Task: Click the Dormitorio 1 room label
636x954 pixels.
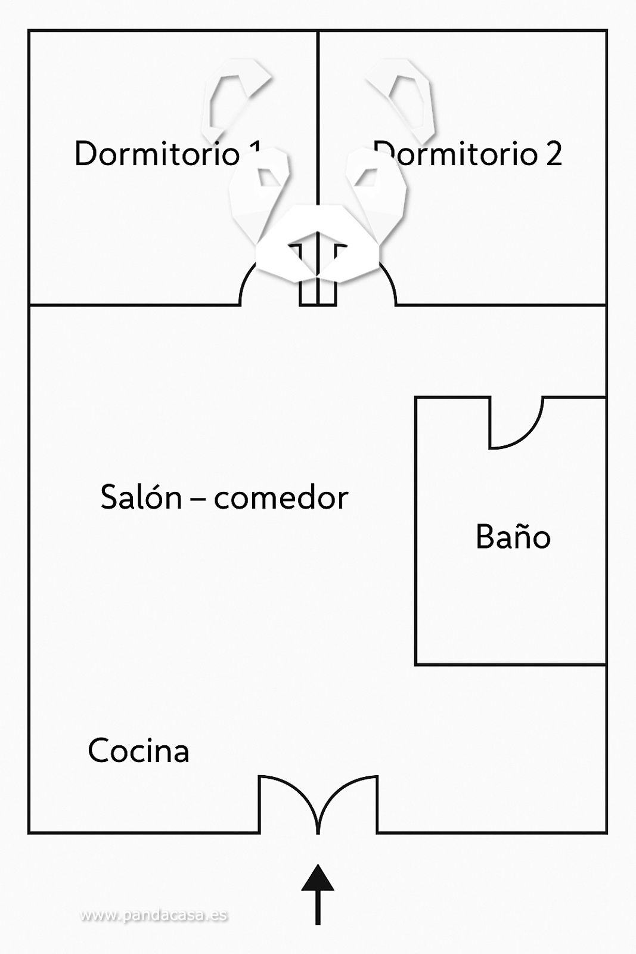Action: click(x=167, y=154)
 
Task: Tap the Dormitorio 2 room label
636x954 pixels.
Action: click(x=468, y=154)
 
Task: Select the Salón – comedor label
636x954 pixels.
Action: click(x=224, y=497)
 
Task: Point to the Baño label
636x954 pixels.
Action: click(x=513, y=537)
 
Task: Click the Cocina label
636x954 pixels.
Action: click(x=138, y=751)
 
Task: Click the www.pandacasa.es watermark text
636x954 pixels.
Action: click(x=154, y=915)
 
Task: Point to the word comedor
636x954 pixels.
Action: click(x=281, y=497)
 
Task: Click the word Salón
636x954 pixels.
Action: click(x=141, y=497)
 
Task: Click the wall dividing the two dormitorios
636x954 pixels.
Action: click(x=318, y=119)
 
